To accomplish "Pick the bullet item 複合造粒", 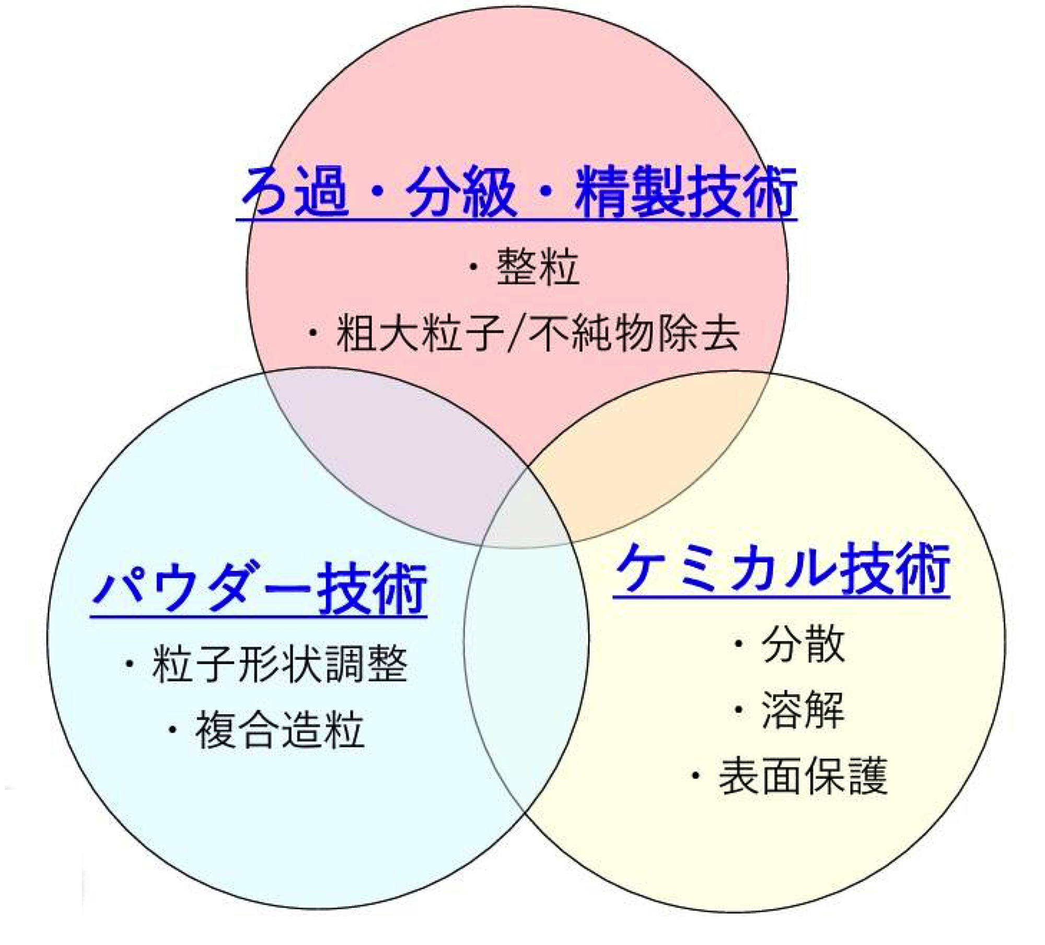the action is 266,730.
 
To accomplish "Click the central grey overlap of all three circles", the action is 525,510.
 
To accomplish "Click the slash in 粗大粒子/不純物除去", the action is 517,333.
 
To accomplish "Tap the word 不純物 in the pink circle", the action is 590,333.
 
